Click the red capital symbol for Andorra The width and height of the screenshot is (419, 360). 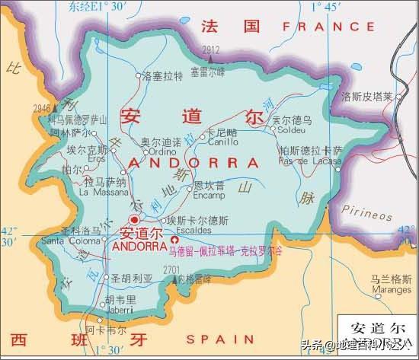tap(135, 220)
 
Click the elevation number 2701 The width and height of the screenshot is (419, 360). tap(171, 269)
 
